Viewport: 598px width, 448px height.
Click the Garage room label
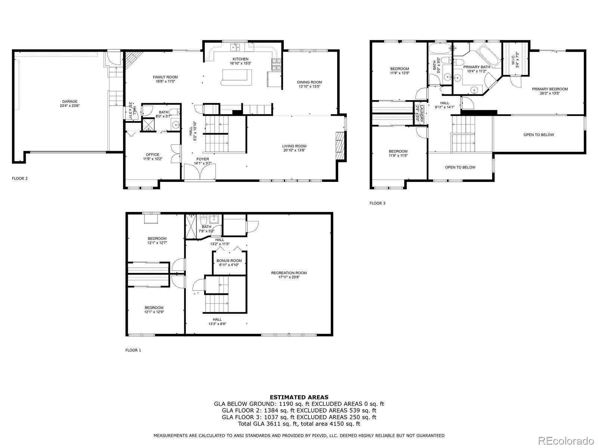tap(70, 102)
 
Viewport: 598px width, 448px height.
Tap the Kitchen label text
tap(240, 59)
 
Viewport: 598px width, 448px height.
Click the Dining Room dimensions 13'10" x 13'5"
tap(309, 87)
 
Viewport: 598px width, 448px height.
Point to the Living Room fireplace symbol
tap(339, 146)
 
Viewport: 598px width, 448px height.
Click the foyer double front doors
tap(200, 173)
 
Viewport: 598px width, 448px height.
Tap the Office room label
tap(152, 155)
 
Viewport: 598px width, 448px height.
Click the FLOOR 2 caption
tap(20, 178)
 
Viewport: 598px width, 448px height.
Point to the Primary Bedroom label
tap(550, 89)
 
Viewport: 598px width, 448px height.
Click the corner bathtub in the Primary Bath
tap(490, 57)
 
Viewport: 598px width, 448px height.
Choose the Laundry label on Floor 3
tap(421, 113)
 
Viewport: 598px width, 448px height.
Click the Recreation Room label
tap(289, 273)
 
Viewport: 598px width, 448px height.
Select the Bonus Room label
tap(229, 261)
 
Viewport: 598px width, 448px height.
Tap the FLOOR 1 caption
tap(133, 350)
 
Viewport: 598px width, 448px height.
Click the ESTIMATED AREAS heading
tap(299, 397)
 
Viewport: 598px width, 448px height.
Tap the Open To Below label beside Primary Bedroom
tap(539, 135)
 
